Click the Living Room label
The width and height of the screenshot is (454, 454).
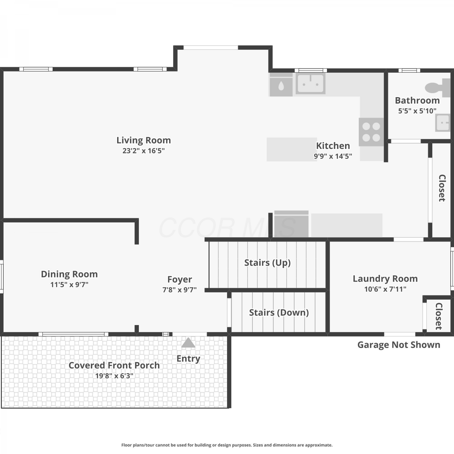(144, 140)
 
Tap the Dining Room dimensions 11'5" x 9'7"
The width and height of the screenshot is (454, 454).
(69, 285)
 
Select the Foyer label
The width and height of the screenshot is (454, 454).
(180, 279)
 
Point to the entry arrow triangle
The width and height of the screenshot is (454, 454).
(188, 343)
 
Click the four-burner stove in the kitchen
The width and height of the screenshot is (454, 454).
(371, 132)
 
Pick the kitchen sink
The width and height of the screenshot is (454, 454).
(311, 83)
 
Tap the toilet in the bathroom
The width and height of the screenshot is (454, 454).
(438, 87)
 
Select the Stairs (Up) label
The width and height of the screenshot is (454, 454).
(268, 263)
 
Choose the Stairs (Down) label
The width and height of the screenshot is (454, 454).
(279, 313)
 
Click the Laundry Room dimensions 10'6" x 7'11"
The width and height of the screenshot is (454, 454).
(385, 289)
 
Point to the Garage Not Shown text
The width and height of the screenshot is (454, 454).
(399, 345)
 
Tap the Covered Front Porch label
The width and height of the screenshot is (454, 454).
(114, 365)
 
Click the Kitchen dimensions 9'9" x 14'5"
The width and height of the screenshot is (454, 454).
(333, 156)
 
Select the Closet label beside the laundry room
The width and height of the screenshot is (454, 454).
(439, 316)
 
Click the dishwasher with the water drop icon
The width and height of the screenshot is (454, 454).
(281, 85)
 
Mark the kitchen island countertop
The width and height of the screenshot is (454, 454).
(292, 150)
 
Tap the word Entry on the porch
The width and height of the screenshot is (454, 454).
(188, 359)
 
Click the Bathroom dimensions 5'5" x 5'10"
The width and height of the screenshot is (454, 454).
(417, 111)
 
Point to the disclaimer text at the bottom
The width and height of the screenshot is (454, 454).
(227, 445)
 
